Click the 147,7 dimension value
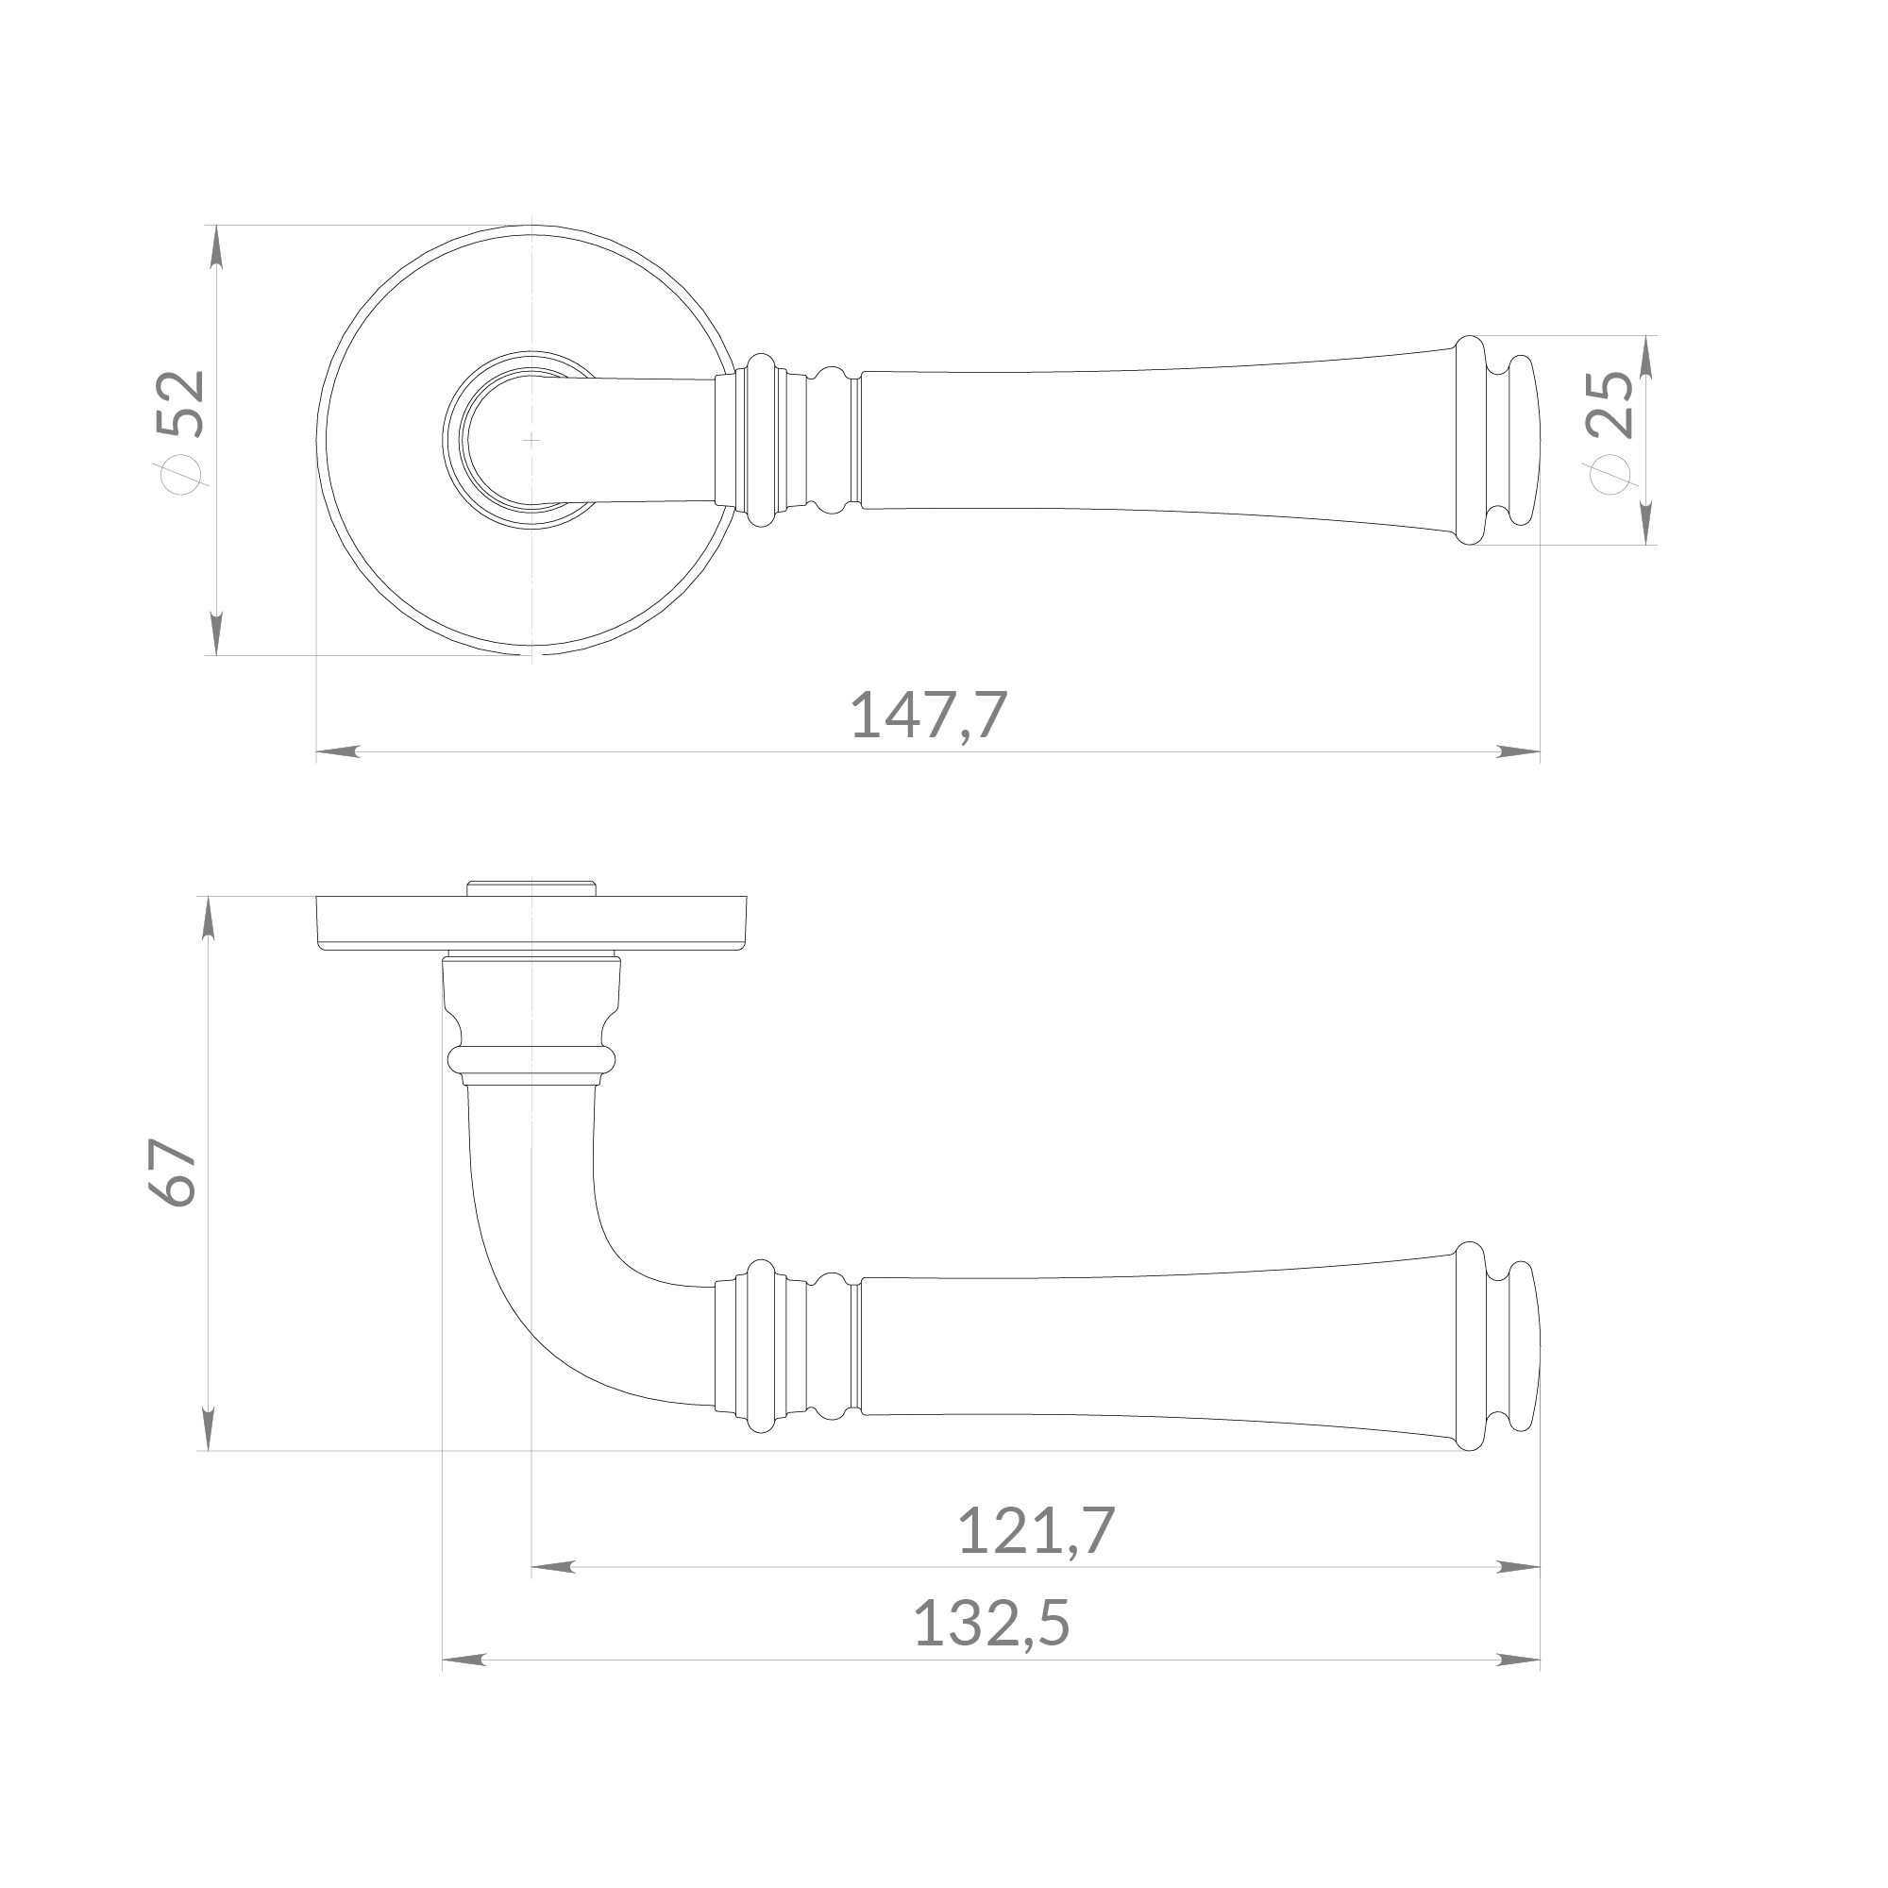click(x=928, y=716)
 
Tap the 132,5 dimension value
click(x=992, y=1623)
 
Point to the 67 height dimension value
click(x=174, y=1172)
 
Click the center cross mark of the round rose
click(x=531, y=440)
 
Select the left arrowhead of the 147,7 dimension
click(x=338, y=752)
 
